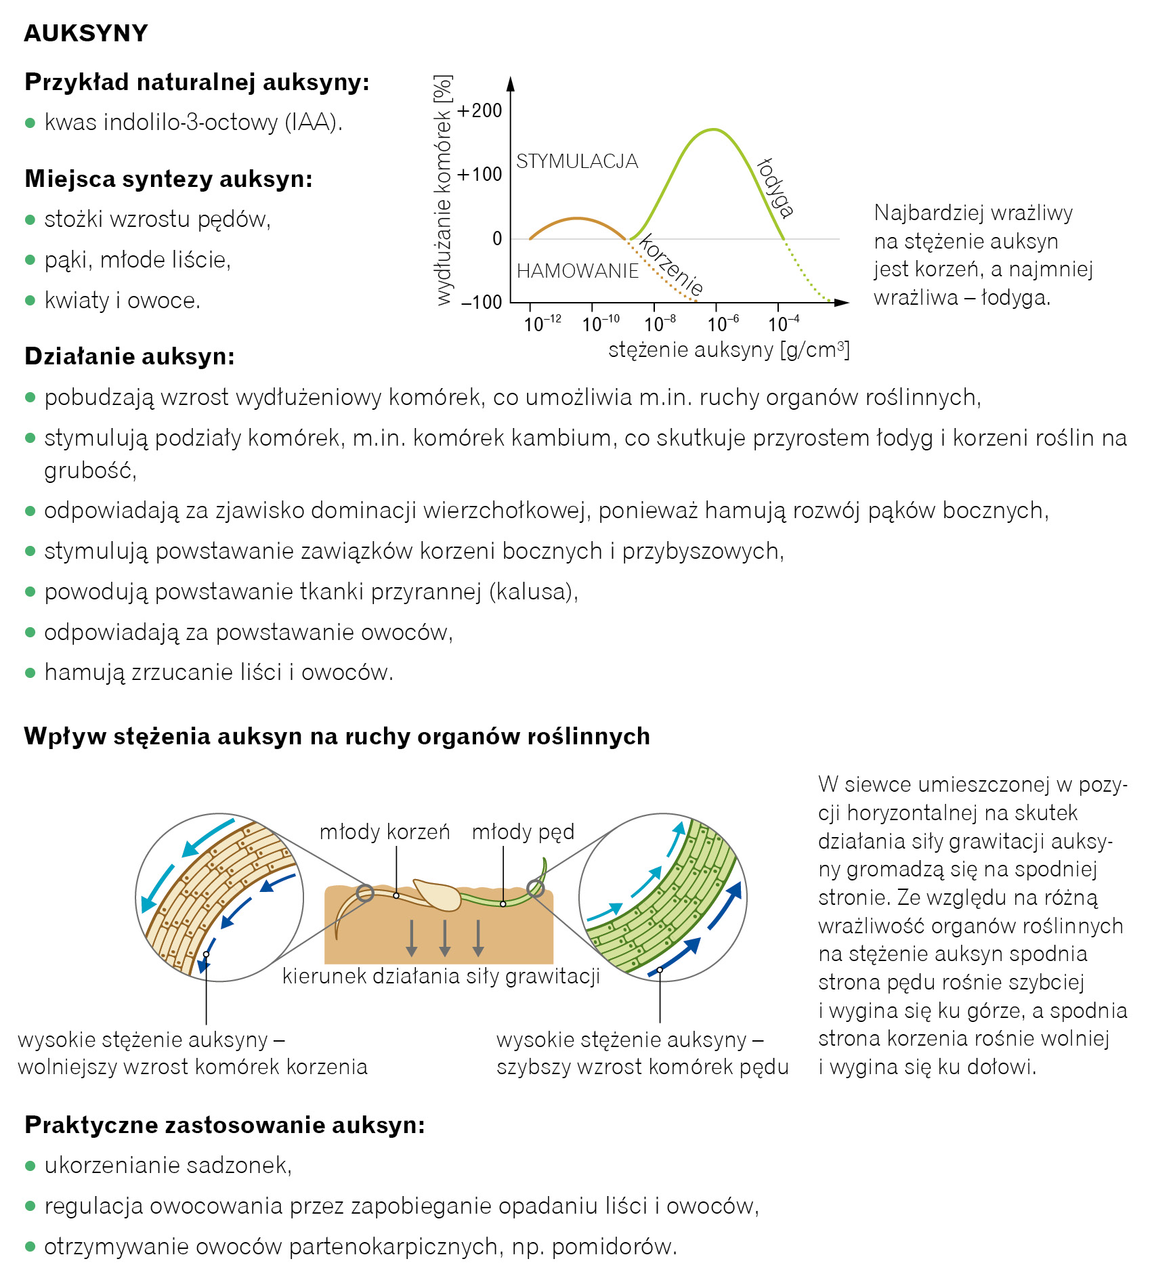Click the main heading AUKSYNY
[86, 33]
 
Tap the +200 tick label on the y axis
[479, 110]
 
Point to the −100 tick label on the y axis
[482, 302]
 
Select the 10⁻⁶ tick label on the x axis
[723, 324]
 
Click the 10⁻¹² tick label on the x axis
[542, 324]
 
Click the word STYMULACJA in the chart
[577, 161]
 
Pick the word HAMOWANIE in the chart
[578, 272]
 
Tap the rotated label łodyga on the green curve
[775, 188]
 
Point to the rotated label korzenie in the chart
[671, 265]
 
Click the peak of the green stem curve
[712, 129]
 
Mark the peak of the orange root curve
[576, 218]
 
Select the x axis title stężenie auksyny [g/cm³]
[729, 350]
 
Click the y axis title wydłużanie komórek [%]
[443, 190]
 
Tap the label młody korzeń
[385, 832]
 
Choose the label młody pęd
[523, 832]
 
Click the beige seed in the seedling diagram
[438, 895]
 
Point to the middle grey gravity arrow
[445, 938]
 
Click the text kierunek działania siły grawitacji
[441, 976]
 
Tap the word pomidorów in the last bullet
[614, 1247]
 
